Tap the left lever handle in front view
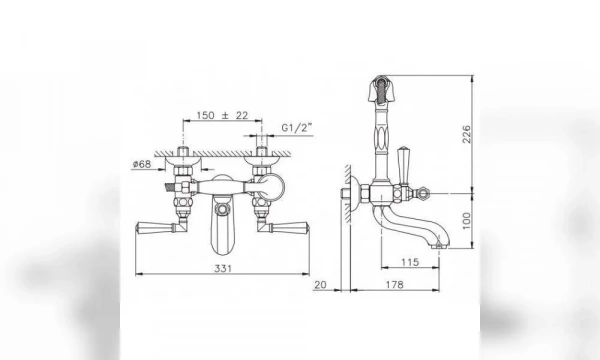tap(155, 226)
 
